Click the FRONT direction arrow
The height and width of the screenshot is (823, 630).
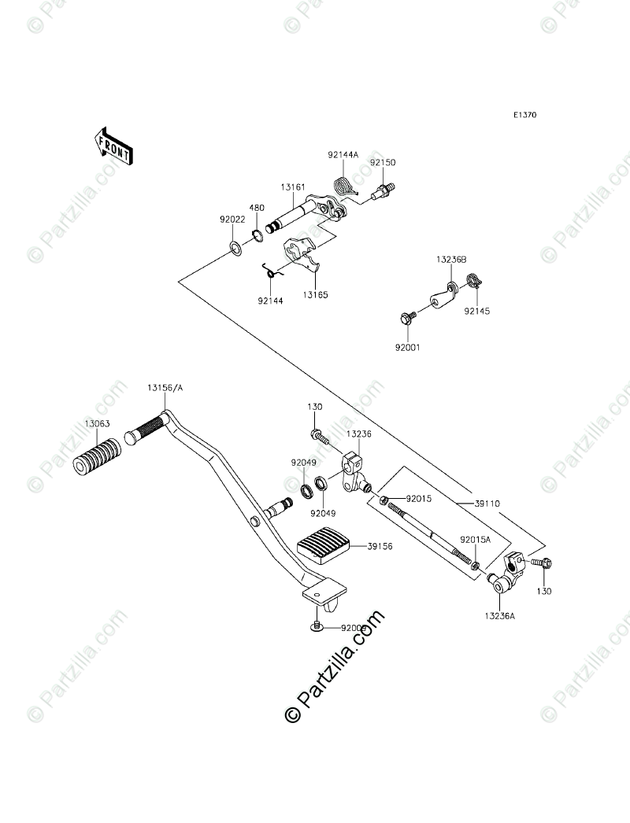pos(113,146)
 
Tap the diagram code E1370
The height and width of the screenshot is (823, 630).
pos(524,115)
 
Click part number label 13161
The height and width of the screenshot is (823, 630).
pos(291,187)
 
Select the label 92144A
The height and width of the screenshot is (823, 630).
pos(343,155)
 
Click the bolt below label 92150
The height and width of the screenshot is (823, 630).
pos(386,190)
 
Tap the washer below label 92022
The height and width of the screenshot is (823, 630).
pos(235,249)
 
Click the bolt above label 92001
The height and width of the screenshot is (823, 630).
pos(407,318)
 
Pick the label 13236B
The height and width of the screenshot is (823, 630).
pos(452,259)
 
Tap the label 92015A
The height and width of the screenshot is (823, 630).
pos(475,540)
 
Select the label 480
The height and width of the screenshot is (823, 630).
pos(257,209)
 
